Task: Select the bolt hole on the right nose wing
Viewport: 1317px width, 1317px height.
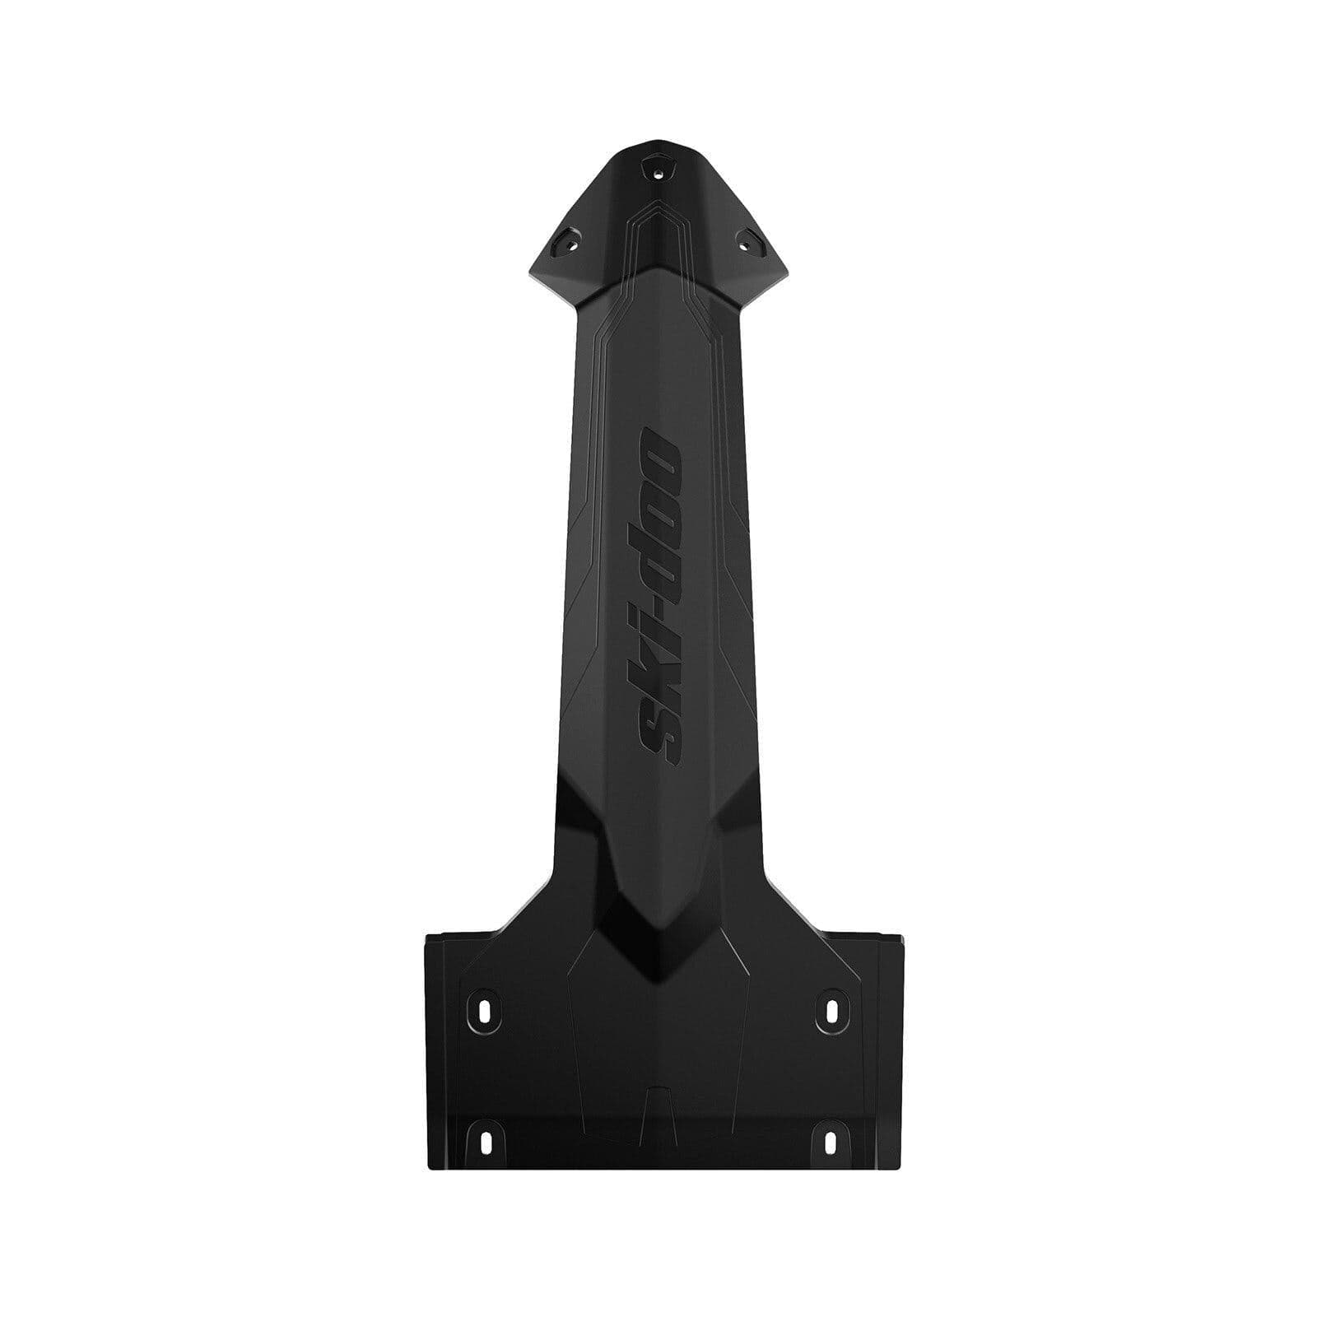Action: (747, 240)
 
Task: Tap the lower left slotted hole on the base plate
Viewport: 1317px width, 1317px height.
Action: (484, 1141)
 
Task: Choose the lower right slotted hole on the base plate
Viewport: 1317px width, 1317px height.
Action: (831, 1141)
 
